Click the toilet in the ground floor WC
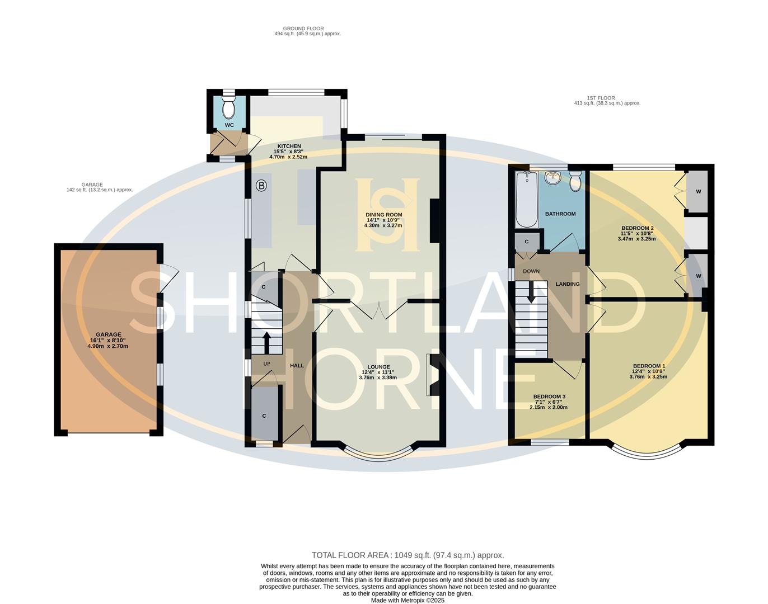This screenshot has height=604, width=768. tap(228, 106)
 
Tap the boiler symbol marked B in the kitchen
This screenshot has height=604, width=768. tap(261, 186)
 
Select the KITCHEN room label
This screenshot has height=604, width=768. tap(288, 146)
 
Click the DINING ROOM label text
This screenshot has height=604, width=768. tap(383, 214)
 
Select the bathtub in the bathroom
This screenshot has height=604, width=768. tap(527, 200)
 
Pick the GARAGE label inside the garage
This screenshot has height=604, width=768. tap(108, 334)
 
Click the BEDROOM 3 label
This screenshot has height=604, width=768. tap(549, 397)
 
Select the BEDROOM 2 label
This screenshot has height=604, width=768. tap(637, 228)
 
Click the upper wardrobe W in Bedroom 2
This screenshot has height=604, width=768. tap(698, 192)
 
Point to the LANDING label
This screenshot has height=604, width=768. tap(567, 284)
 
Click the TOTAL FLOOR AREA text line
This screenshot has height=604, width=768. tap(408, 555)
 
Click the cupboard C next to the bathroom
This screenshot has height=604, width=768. tap(527, 242)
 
